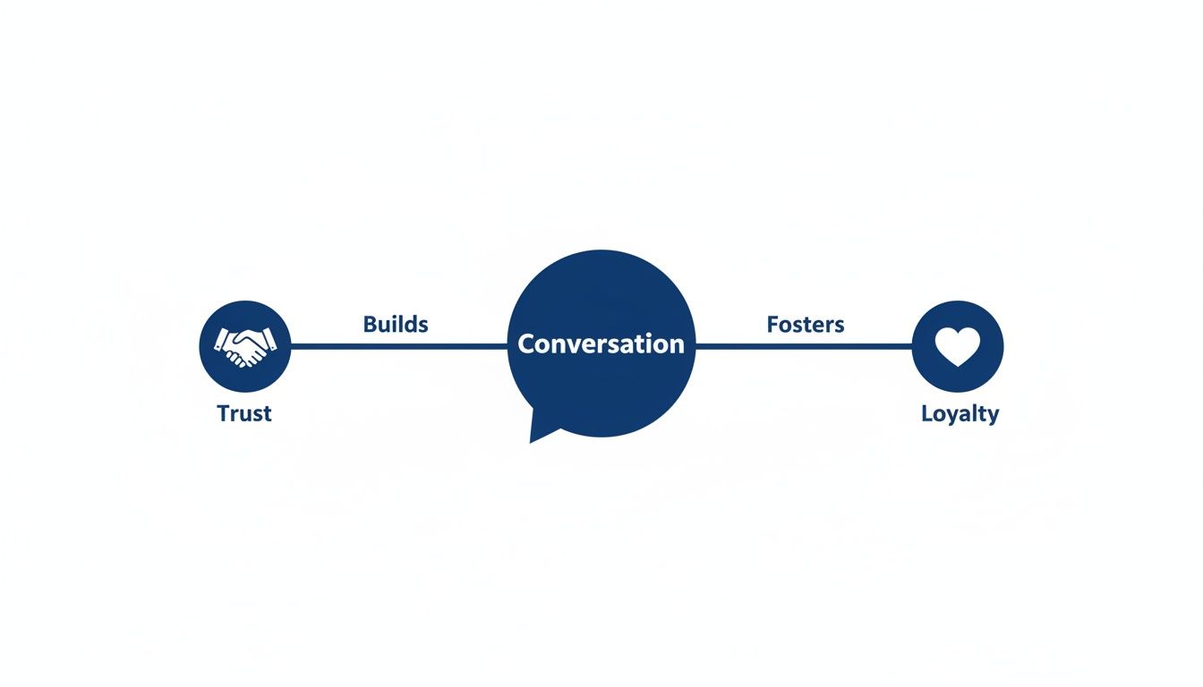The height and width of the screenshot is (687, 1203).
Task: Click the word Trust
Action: [x=244, y=413]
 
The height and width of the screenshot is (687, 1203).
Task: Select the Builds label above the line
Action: [x=396, y=324]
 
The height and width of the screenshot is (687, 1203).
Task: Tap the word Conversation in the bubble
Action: [x=601, y=344]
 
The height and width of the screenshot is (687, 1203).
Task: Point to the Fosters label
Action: [x=806, y=324]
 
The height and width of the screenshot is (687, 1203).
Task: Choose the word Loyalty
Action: [x=960, y=413]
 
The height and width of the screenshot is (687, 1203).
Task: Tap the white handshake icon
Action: [x=245, y=346]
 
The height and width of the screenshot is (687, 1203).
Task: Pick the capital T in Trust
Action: [x=224, y=413]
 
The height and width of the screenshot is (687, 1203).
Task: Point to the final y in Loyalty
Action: [x=993, y=416]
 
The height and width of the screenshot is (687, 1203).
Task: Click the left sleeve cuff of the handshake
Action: [x=219, y=340]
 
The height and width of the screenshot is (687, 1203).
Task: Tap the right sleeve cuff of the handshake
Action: [x=272, y=340]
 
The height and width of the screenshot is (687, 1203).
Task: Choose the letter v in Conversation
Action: [x=571, y=345]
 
